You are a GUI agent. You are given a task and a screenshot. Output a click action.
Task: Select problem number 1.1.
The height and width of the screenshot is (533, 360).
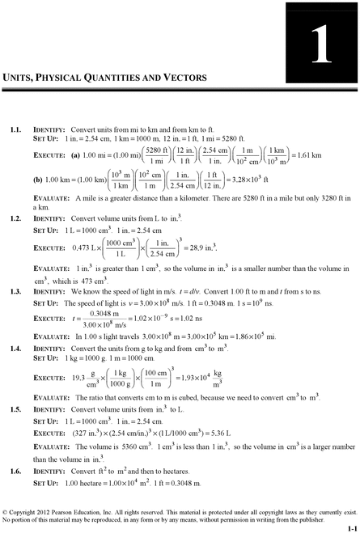click(15, 129)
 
